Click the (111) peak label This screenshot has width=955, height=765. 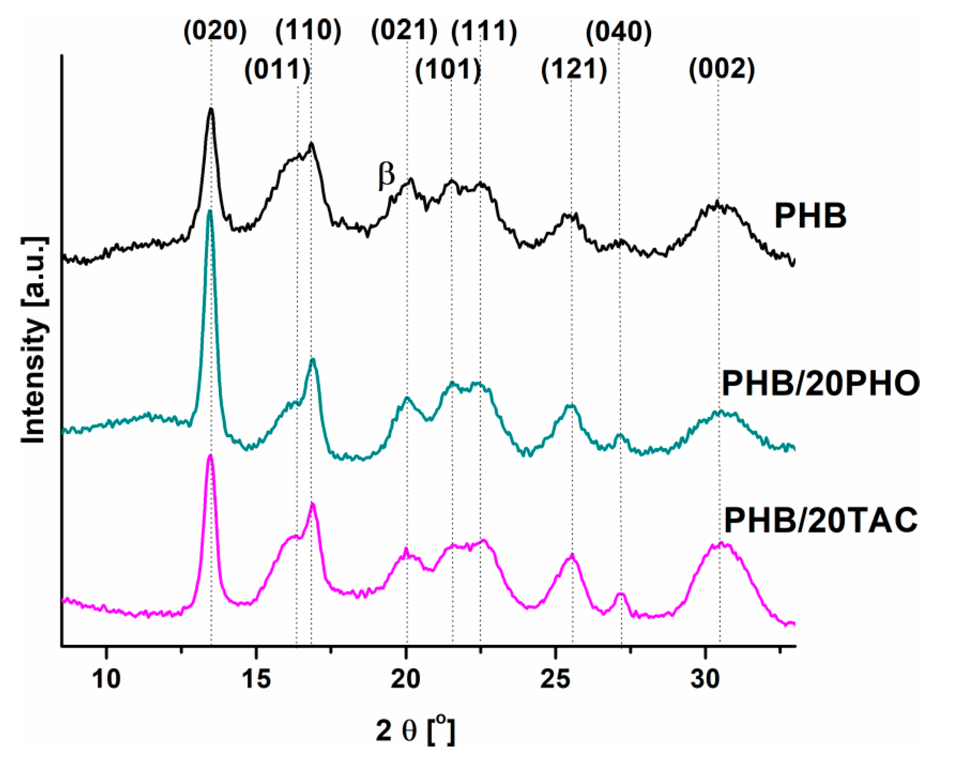pos(484,32)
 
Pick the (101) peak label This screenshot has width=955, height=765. pos(448,70)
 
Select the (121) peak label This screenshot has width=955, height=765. pos(574,70)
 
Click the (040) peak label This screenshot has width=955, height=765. pos(619,32)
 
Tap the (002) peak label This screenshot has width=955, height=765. pos(722,69)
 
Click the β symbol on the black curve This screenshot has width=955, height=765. pos(386,175)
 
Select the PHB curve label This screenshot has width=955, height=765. pos(810,216)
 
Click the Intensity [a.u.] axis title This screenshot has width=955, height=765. pos(34,340)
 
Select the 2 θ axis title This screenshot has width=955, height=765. pos(415,730)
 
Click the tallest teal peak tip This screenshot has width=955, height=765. pos(209,211)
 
